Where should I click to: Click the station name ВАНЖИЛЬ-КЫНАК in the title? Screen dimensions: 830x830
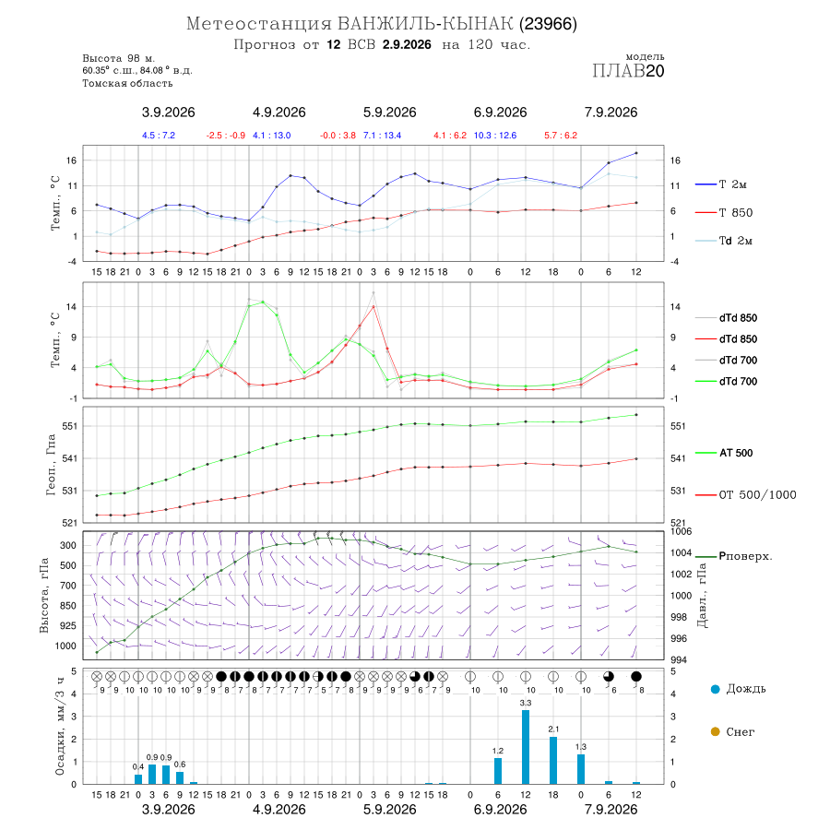pos(425,24)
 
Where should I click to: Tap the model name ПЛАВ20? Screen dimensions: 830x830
pos(628,71)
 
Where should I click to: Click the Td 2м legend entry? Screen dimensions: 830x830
pos(724,241)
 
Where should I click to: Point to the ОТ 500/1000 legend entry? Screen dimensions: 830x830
pos(745,495)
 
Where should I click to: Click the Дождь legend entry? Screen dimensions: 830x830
pos(739,689)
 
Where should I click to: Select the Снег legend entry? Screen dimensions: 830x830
pos(732,731)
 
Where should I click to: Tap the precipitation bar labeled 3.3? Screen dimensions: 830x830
pos(526,747)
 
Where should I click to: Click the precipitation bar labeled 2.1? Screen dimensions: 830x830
pos(553,760)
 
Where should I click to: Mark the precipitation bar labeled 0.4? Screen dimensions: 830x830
pos(138,779)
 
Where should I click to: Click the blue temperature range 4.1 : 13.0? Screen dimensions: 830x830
pos(271,136)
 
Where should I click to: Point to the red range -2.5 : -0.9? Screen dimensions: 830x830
pos(226,136)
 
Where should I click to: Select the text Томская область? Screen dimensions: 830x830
pos(127,83)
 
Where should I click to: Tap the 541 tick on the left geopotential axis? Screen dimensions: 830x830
pos(70,458)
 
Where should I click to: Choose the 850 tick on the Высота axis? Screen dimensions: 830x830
pos(67,606)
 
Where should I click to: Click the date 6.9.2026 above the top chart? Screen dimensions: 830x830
pos(500,113)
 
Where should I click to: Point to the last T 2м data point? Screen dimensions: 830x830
pos(636,153)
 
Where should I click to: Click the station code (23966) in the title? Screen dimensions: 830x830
pos(548,24)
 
